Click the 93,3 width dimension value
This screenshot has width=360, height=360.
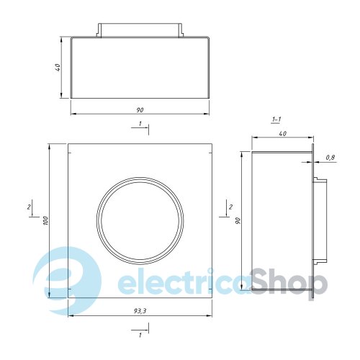click(x=140, y=311)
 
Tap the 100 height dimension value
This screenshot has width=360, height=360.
click(x=46, y=221)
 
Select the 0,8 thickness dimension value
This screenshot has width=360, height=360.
click(x=330, y=158)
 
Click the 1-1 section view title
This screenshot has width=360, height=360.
click(x=276, y=120)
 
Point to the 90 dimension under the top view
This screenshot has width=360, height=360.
click(x=140, y=110)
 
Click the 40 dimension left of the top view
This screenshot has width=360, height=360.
click(x=58, y=67)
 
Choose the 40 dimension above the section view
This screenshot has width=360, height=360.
click(x=283, y=133)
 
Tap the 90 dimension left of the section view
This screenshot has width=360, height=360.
click(x=238, y=221)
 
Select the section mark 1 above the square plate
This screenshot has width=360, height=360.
click(x=140, y=124)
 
